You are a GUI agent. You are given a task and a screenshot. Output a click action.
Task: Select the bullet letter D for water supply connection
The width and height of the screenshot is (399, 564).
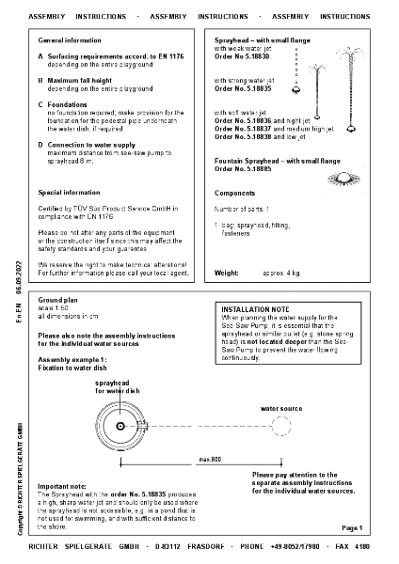[x=40, y=144]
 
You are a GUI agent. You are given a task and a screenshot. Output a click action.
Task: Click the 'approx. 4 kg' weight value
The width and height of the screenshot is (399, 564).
[x=279, y=272]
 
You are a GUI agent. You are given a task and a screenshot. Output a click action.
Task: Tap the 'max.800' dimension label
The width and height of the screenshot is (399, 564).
[x=209, y=460]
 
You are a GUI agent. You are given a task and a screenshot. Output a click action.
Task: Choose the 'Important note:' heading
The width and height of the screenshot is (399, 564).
[x=61, y=485]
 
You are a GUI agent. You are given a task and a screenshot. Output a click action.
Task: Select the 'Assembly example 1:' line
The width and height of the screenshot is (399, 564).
[x=72, y=360]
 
